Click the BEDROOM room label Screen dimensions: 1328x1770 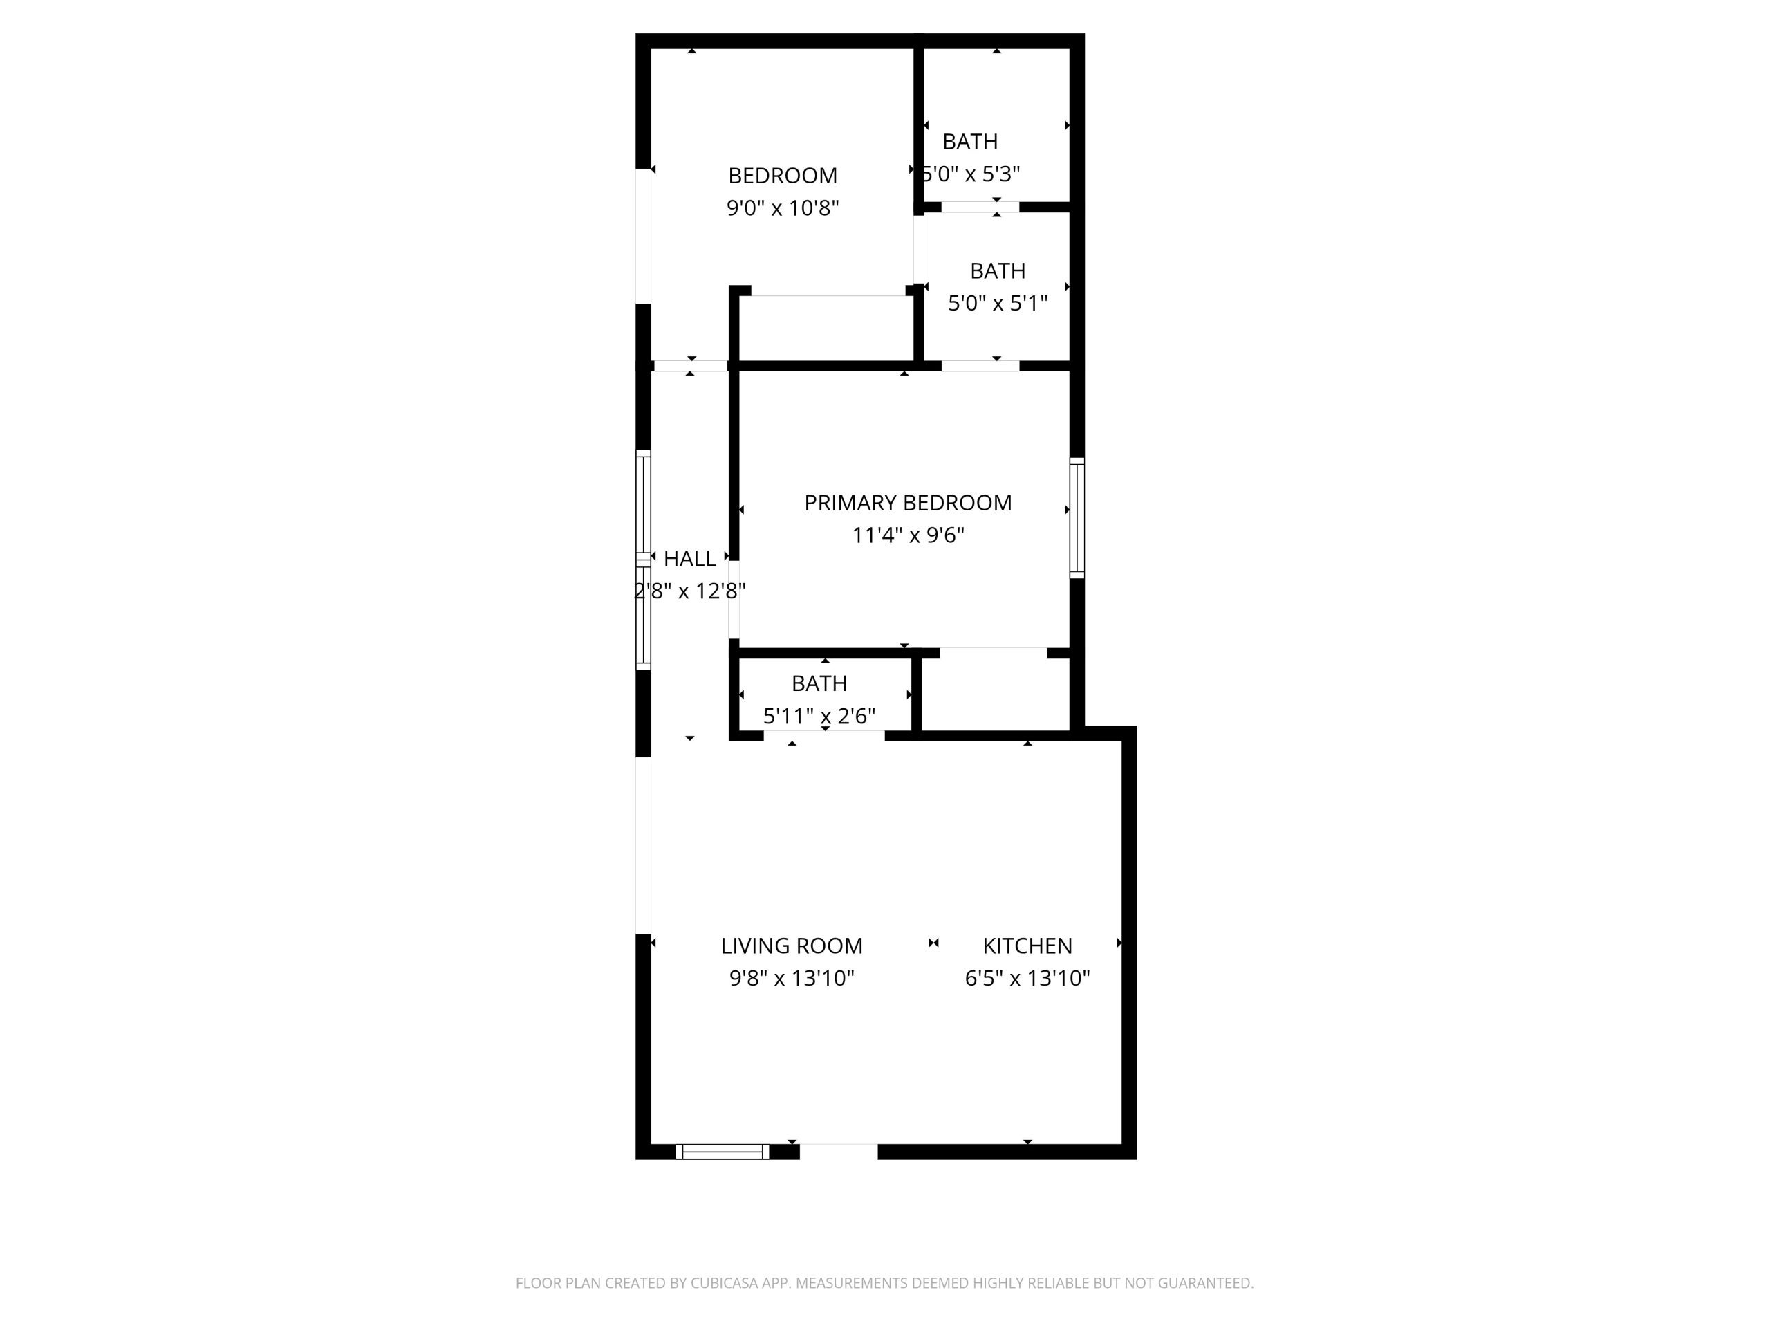[x=782, y=175]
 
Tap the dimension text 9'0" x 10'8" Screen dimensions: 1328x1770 [x=782, y=208]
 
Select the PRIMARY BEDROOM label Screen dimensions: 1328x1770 [x=907, y=503]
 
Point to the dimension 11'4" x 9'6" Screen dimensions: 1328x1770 [x=907, y=535]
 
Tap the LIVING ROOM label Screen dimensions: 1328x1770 [x=792, y=946]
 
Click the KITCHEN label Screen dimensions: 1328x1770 [x=1027, y=946]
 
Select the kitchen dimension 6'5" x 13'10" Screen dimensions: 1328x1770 [x=1027, y=978]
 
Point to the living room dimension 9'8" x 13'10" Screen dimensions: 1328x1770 [x=792, y=978]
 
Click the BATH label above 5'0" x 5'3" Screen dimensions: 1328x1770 [x=970, y=142]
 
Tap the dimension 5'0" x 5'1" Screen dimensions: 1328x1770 [x=997, y=304]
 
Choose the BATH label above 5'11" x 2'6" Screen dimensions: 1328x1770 [x=819, y=683]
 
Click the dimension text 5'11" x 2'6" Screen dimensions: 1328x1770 [x=819, y=716]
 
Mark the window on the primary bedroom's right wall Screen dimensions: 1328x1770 [x=1077, y=518]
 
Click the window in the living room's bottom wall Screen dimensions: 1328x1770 [x=722, y=1152]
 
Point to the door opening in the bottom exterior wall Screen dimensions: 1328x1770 [x=838, y=1151]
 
